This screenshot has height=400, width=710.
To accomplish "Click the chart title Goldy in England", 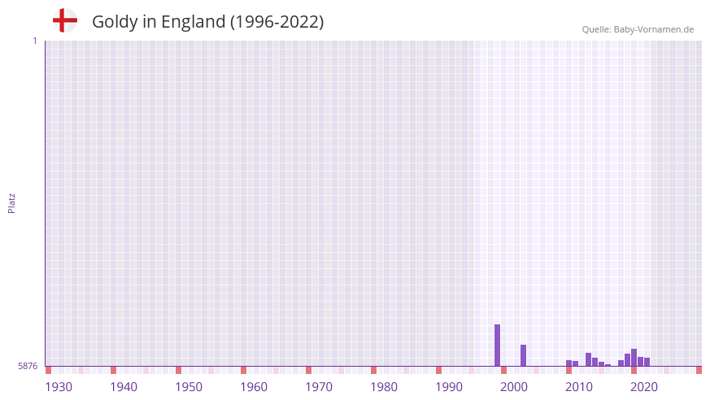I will coord(207,22).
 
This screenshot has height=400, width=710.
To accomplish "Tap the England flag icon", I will coord(65,20).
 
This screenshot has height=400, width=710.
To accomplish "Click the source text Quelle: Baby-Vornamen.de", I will coord(638,29).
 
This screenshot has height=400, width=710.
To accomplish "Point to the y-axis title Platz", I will coord(11,202).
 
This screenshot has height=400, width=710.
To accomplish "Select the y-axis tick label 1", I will coord(34,41).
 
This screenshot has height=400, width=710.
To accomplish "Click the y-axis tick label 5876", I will coord(28,367).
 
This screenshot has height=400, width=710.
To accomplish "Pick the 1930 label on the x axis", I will coord(59,387).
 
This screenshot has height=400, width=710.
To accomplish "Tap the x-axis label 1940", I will coord(124,387).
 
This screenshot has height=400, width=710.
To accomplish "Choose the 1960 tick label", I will coord(254,387).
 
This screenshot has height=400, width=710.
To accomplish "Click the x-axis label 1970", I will coord(319,387).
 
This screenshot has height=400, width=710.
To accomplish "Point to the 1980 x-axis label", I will coord(384,387).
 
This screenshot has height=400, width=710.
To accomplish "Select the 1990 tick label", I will coord(449,387).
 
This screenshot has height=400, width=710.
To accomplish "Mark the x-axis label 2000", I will coord(514,387).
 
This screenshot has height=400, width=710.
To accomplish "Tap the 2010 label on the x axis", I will coord(579,387).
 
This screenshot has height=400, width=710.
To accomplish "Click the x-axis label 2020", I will coord(644,387).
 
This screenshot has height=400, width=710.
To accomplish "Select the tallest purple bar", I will coord(497,346).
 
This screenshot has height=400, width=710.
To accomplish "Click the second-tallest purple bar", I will coord(523,355).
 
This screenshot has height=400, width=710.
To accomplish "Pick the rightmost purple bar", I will coord(647,362).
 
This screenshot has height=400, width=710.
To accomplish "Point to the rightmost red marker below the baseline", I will coord(699,370).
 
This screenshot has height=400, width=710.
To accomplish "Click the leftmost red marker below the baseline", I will coord(48,370).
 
